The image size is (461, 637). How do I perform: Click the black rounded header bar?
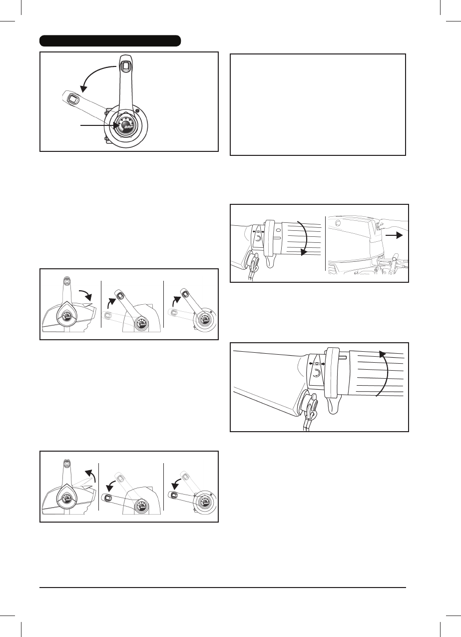coord(110,40)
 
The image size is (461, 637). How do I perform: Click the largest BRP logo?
coord(125,125)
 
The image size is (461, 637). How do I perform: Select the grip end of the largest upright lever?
coord(124,65)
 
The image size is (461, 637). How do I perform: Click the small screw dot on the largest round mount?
coord(137,110)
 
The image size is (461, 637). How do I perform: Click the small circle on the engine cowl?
coord(337,223)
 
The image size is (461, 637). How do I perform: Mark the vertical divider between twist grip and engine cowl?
coord(326,244)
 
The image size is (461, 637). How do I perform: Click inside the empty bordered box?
coord(318,104)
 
